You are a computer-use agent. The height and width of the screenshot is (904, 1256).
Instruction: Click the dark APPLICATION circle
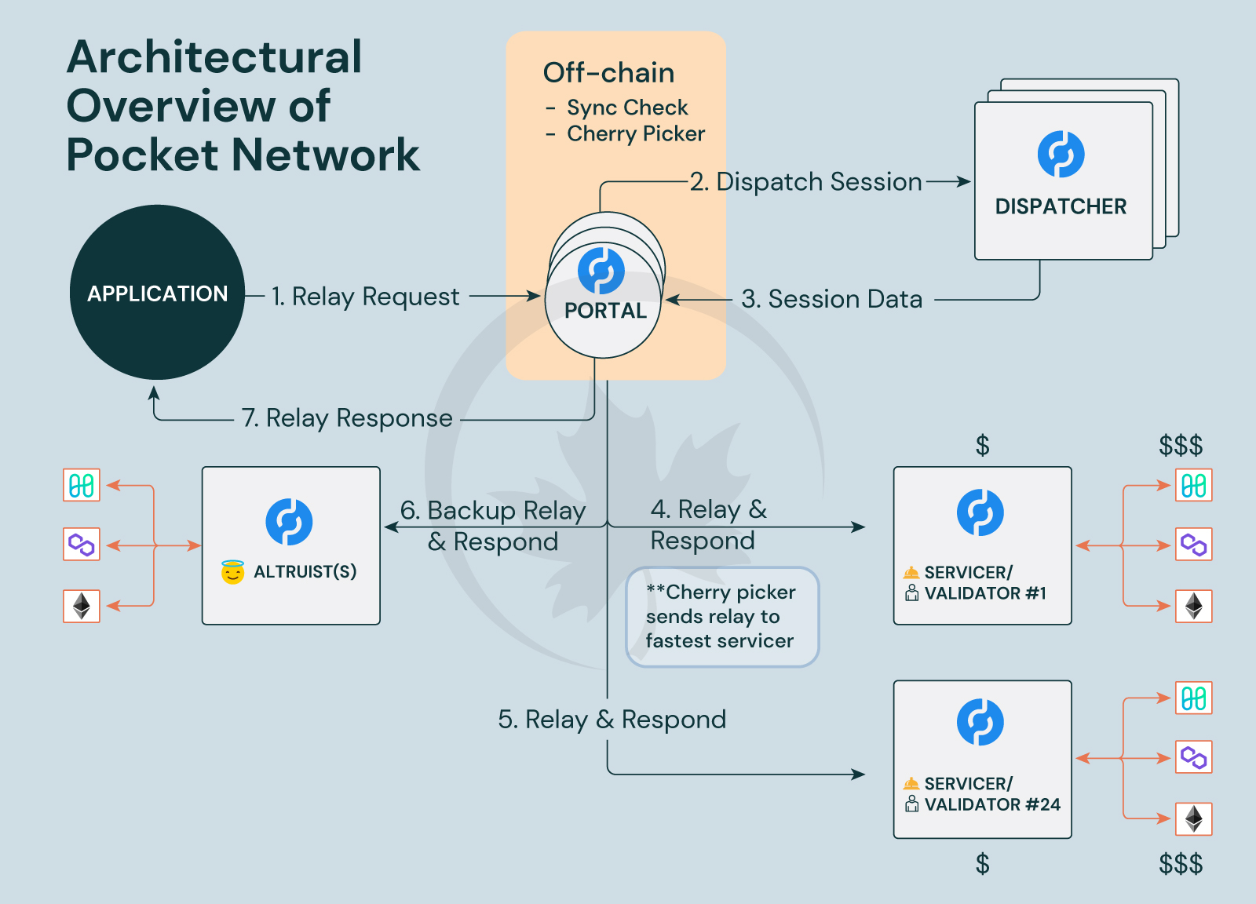[157, 293]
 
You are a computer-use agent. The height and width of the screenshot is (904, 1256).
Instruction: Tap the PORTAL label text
[605, 311]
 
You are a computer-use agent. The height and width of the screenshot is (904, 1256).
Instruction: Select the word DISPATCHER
[1061, 206]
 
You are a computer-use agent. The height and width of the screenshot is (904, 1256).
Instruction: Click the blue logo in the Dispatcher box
[1061, 155]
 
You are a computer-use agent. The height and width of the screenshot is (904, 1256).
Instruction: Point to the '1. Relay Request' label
[365, 297]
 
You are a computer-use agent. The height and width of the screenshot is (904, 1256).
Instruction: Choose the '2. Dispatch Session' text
[806, 182]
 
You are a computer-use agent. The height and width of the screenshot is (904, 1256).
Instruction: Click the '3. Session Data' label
[832, 299]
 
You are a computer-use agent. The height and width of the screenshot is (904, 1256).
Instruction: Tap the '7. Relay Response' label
[347, 418]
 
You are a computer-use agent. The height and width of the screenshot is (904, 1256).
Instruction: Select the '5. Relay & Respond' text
[612, 720]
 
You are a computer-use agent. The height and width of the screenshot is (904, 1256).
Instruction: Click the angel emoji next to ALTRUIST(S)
[232, 572]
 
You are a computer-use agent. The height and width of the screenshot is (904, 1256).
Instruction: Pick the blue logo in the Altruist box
[289, 522]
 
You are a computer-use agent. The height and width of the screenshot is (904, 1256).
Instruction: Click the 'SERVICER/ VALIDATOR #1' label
[977, 583]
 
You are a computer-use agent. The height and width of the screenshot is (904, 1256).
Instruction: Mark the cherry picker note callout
[722, 617]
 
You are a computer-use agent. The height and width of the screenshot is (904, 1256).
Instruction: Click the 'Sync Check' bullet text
[627, 108]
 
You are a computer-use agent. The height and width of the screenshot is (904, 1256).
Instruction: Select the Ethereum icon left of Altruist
[82, 606]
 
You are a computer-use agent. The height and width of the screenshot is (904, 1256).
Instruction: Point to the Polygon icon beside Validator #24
[1193, 757]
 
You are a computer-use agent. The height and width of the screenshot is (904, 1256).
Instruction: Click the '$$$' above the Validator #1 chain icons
[1181, 446]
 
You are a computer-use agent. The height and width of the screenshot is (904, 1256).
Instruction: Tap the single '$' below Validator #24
[982, 864]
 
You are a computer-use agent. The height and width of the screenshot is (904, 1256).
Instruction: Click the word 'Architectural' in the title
[214, 57]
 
